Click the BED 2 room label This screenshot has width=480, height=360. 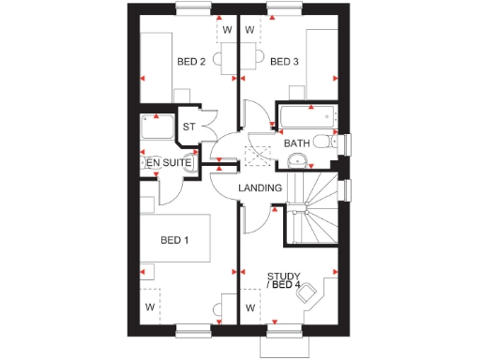point(191,63)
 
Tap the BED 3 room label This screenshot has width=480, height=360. point(284,63)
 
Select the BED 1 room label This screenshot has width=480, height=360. point(174,241)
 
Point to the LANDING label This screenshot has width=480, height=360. point(260,188)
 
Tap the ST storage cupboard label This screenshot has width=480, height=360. point(188,127)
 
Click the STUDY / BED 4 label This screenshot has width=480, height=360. point(284,279)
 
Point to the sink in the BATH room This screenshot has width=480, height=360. point(296,160)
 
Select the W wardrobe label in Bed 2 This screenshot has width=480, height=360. point(226,29)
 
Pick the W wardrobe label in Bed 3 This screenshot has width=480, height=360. point(250,29)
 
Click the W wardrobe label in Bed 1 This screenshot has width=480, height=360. point(149,307)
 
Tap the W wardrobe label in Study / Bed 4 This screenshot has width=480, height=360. point(250,307)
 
